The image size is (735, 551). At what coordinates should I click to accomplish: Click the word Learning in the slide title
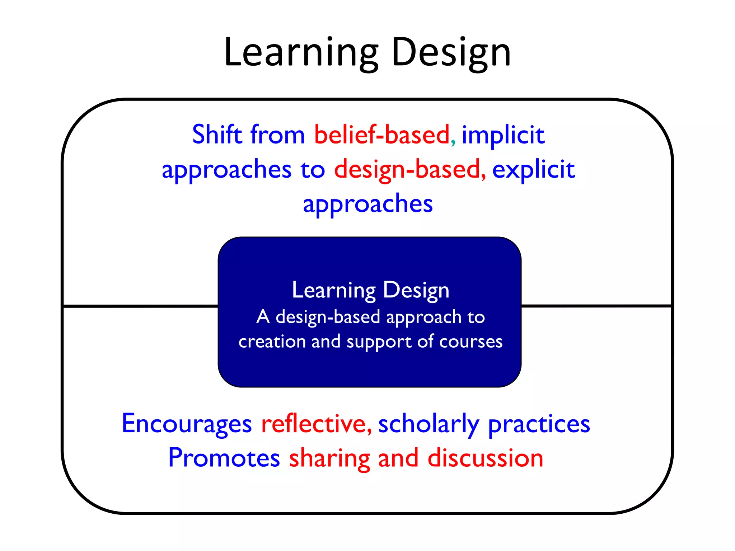(301, 53)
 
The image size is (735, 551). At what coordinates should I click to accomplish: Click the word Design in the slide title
(451, 53)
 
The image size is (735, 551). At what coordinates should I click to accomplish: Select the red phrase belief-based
(381, 135)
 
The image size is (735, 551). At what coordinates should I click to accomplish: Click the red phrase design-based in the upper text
(407, 169)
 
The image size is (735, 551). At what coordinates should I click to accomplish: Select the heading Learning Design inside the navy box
(370, 290)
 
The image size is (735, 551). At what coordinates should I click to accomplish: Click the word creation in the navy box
(272, 341)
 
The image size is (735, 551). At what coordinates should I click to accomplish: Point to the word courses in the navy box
(471, 342)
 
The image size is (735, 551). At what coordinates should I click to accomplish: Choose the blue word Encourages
(187, 424)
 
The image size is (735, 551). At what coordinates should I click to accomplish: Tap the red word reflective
(313, 424)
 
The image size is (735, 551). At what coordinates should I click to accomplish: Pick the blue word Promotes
(224, 458)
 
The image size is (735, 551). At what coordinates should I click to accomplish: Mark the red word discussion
(485, 458)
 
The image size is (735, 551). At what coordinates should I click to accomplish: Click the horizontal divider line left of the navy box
(140, 306)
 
